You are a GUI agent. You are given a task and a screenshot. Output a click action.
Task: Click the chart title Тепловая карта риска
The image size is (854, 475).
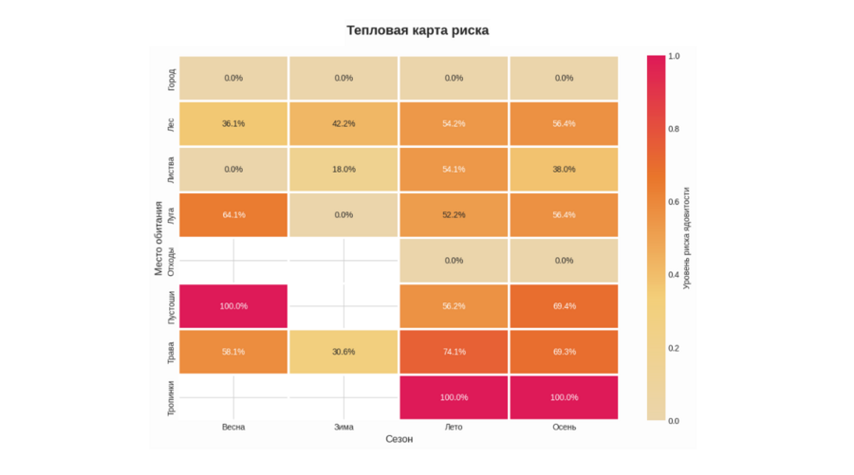[x=418, y=30]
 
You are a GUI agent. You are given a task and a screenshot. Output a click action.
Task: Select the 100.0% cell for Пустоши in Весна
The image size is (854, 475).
[x=233, y=306]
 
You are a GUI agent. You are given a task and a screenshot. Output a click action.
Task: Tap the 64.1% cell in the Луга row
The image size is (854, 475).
[x=233, y=215]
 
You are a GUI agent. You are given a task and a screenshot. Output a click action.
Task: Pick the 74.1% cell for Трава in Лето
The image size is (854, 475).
[x=454, y=352]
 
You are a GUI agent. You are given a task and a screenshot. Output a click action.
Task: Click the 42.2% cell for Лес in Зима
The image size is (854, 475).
[x=343, y=124]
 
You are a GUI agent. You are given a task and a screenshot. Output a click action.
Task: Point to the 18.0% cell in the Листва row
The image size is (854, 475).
[x=343, y=170]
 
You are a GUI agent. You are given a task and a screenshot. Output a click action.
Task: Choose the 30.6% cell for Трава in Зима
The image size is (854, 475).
[x=343, y=352]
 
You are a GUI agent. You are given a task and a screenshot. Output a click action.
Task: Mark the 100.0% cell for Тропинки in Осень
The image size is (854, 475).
[x=564, y=397]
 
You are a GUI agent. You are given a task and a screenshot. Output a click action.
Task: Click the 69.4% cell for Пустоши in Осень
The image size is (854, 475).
[x=564, y=306]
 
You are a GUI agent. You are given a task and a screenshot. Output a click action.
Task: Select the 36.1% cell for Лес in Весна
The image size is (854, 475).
[x=233, y=124]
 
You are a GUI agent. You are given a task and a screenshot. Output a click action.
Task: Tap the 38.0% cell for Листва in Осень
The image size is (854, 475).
[x=564, y=170]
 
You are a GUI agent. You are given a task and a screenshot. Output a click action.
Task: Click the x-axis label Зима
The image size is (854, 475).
[x=343, y=428]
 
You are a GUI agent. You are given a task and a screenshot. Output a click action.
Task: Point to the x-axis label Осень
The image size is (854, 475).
[x=564, y=428]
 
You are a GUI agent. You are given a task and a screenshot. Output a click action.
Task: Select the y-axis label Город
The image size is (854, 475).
[x=171, y=79]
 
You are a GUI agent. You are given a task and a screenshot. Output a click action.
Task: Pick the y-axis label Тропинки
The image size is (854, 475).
[x=171, y=397]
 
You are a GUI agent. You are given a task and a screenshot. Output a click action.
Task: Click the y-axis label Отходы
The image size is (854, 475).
[x=171, y=261]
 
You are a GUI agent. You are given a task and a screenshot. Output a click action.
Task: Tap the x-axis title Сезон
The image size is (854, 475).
[x=399, y=440]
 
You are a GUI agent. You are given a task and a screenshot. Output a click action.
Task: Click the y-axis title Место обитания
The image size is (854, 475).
[x=159, y=238]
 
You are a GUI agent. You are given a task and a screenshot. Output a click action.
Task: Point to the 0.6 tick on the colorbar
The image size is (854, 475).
[x=673, y=202]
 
